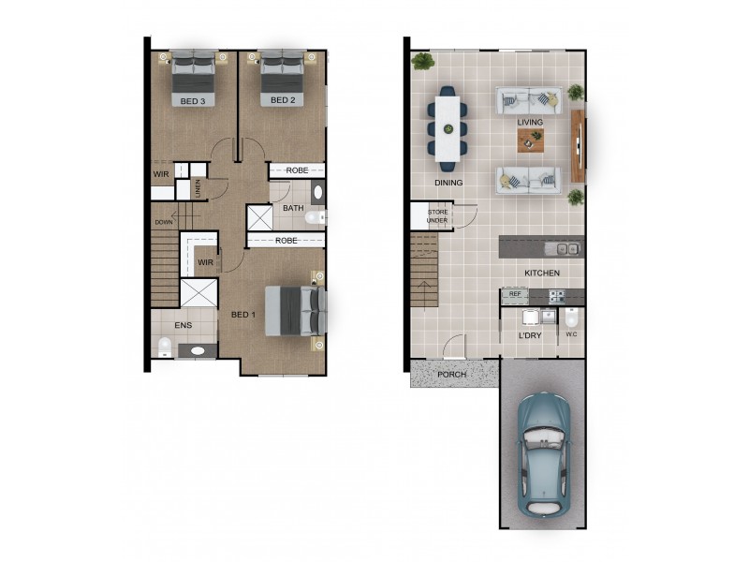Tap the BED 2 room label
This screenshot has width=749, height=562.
point(284,100)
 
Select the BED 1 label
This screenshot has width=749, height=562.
point(243,315)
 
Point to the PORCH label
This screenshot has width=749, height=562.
point(451,375)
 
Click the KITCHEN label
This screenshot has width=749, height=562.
point(542,274)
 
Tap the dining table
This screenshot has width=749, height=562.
point(448,123)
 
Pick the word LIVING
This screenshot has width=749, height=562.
point(531,122)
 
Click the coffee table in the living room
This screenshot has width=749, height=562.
point(531,139)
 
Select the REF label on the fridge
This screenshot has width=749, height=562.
point(514,295)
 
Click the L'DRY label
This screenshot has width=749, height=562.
point(531,335)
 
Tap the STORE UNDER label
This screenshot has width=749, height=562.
point(439,217)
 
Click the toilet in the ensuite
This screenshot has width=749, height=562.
point(165,348)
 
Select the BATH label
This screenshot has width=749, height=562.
point(293,208)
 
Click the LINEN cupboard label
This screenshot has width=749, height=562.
point(198,187)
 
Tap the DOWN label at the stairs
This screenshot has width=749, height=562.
point(164,222)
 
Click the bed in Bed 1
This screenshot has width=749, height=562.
point(294,310)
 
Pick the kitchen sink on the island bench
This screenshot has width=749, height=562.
point(565,248)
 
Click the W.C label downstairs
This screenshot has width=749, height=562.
point(571,334)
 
